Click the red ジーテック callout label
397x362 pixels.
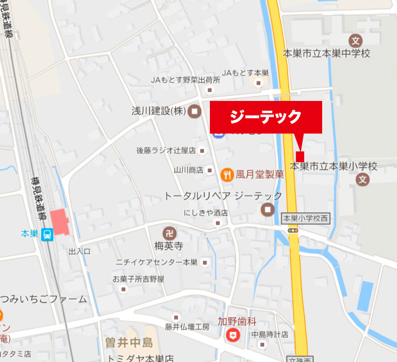pos(266,117)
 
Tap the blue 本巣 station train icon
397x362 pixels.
pos(47,235)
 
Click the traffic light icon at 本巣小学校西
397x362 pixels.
pos(293,231)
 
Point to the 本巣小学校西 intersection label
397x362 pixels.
pos(306,218)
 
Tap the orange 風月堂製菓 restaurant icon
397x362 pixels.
pos(227,174)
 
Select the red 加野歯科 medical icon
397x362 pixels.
pos(233,334)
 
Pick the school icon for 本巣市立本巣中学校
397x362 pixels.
pos(356,40)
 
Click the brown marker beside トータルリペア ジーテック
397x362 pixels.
pos(267,209)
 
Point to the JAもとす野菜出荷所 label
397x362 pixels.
pos(185,80)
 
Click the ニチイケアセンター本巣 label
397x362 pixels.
pos(156,262)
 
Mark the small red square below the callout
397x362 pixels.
pos(300,156)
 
